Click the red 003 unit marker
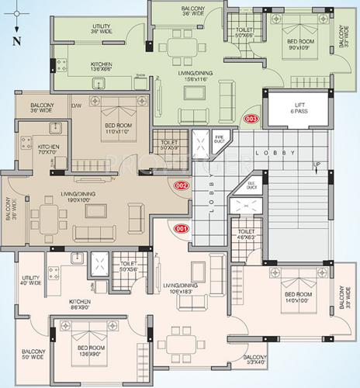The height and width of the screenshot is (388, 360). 251,119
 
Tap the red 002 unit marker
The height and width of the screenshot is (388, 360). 182,185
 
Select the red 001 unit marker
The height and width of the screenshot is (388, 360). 182,228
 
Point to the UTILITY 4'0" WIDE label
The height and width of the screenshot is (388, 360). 31,281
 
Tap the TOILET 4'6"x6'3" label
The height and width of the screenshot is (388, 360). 247,236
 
